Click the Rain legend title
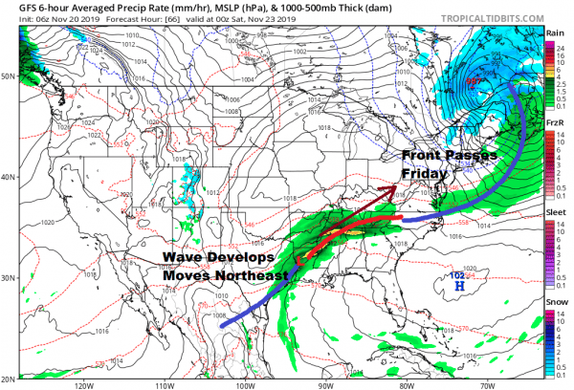[554, 32]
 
